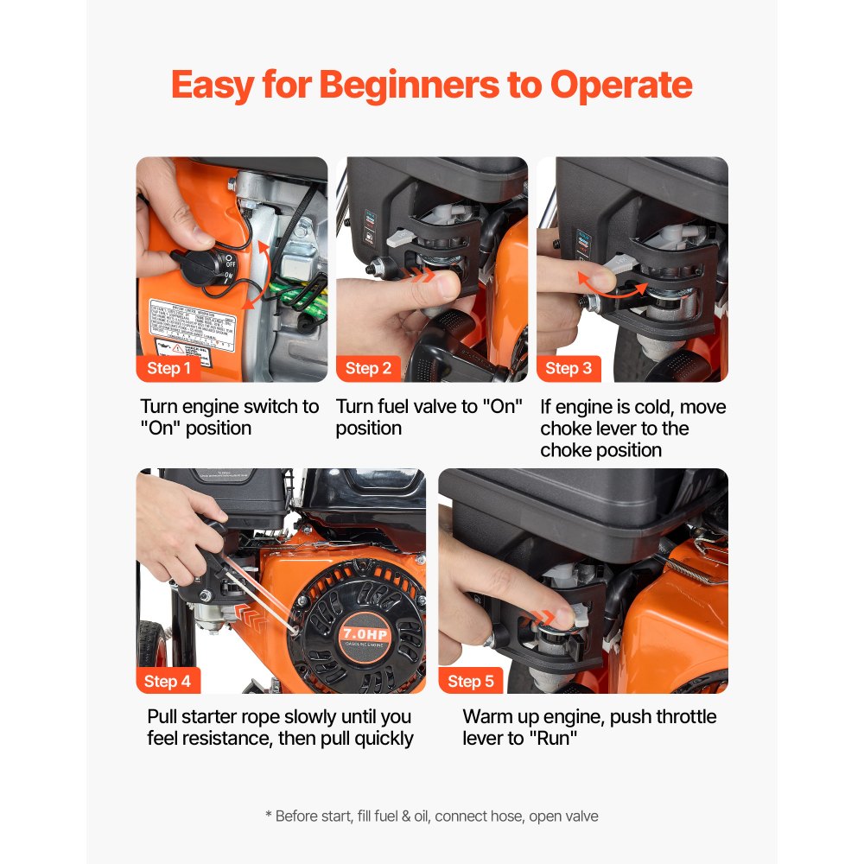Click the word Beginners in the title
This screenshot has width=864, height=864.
pyautogui.click(x=429, y=86)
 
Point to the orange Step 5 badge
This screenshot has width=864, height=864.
pyautogui.click(x=471, y=681)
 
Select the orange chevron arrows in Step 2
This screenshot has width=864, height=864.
pyautogui.click(x=422, y=274)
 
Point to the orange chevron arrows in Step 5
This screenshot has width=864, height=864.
pyautogui.click(x=544, y=615)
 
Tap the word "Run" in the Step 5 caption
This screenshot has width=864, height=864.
pyautogui.click(x=554, y=739)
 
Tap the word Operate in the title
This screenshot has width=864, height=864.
pyautogui.click(x=621, y=86)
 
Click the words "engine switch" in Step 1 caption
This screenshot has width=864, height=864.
pyautogui.click(x=233, y=406)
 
